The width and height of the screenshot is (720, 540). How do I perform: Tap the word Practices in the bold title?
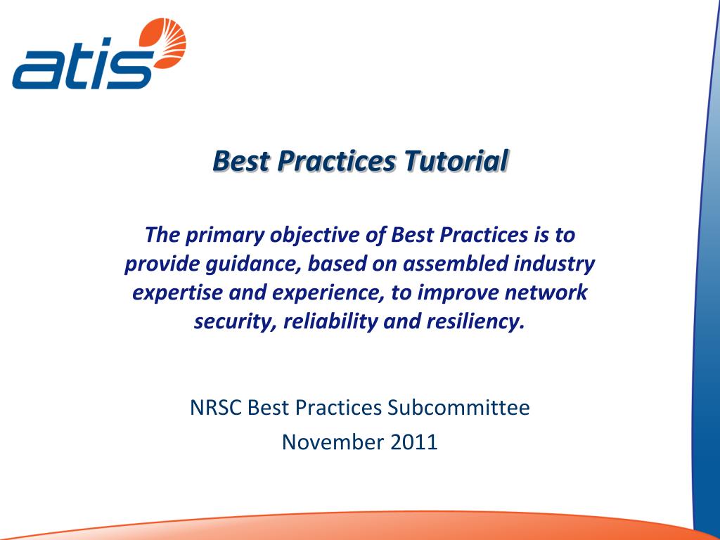tap(337, 161)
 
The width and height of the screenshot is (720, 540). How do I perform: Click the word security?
tap(224, 322)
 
